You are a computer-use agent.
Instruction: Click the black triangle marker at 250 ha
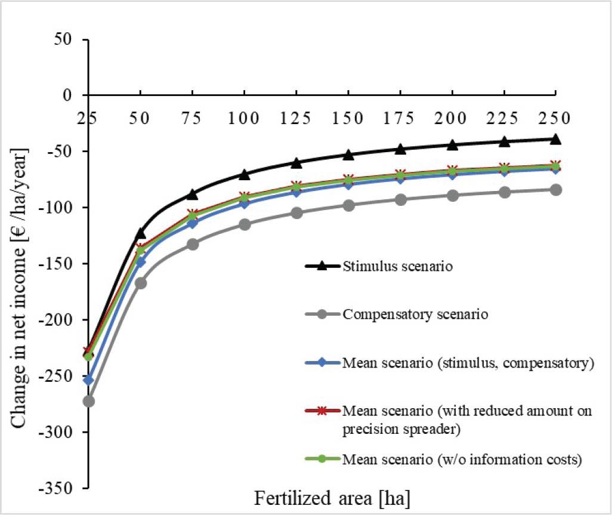tap(555, 139)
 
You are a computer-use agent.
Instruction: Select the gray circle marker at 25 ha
tap(88, 401)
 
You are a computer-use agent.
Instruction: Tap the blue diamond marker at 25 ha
tap(88, 380)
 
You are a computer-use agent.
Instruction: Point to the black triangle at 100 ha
tap(244, 174)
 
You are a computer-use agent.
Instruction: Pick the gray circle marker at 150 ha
tap(348, 205)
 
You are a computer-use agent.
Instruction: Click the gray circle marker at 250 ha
tap(555, 190)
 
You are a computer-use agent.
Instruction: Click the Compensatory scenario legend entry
tap(416, 314)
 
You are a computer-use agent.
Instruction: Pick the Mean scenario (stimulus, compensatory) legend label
tap(468, 363)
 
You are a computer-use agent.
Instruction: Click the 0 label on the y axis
tap(76, 95)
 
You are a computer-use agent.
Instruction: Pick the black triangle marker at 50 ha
tap(140, 233)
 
